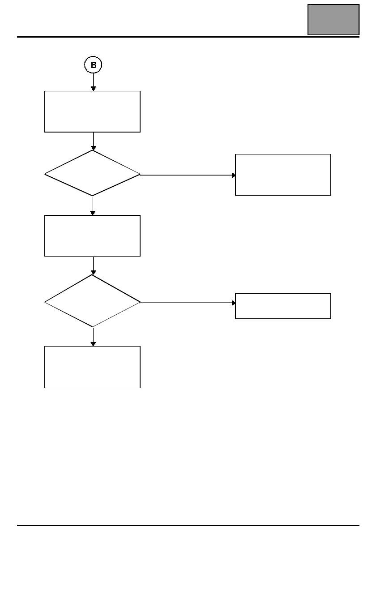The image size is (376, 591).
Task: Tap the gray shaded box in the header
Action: click(x=333, y=20)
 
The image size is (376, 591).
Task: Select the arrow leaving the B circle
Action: click(x=93, y=82)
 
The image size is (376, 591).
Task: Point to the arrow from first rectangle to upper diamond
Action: click(x=93, y=141)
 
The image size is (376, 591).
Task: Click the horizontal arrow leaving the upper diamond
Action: click(x=188, y=175)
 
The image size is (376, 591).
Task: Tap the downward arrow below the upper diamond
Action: click(x=93, y=206)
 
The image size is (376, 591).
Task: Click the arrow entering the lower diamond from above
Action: click(x=93, y=266)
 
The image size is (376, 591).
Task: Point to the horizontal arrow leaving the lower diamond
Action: click(x=188, y=303)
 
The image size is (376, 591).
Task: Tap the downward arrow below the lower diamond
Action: click(x=93, y=337)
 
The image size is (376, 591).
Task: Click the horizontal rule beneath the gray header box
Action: click(x=188, y=37)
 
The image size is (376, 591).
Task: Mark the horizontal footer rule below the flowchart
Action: click(x=188, y=525)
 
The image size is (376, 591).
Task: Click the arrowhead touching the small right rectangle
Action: click(x=234, y=303)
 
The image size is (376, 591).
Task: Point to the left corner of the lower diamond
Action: click(x=45, y=302)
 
